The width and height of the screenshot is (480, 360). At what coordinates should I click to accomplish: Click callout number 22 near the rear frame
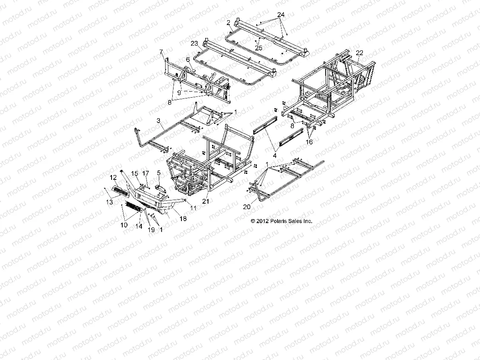click(360, 53)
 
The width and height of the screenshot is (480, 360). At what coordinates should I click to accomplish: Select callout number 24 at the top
click(281, 15)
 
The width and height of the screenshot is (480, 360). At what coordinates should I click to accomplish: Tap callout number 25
click(259, 48)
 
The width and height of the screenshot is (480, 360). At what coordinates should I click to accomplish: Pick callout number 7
click(161, 52)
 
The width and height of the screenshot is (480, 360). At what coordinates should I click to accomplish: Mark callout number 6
click(188, 59)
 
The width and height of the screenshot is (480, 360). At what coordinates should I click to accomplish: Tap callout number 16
click(309, 142)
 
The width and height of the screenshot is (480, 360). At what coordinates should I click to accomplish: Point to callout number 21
click(205, 201)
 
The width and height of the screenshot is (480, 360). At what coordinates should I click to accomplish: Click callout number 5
click(159, 173)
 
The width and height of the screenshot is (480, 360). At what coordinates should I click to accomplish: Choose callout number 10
click(124, 225)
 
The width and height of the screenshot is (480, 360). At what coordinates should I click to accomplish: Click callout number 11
click(193, 208)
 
